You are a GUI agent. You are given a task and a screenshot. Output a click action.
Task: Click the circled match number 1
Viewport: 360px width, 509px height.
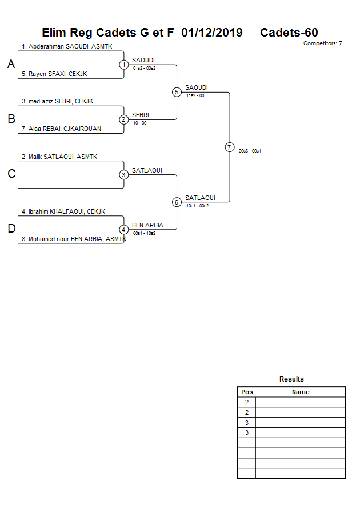click(x=124, y=65)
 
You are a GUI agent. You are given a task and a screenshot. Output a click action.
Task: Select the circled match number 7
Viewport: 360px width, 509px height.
click(x=229, y=147)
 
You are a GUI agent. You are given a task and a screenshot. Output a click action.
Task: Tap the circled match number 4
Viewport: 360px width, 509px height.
click(x=124, y=230)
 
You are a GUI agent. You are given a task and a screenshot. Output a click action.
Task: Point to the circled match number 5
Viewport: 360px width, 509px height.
click(x=177, y=92)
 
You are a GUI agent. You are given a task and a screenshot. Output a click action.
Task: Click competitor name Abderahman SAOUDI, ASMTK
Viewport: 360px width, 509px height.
click(x=67, y=46)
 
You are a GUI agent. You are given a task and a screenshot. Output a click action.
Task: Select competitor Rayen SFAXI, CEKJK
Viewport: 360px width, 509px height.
click(x=54, y=74)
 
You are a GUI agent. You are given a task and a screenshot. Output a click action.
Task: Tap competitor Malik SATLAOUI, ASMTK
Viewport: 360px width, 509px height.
click(x=59, y=156)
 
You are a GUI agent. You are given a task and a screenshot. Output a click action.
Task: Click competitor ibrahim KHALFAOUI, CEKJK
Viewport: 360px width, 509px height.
click(x=63, y=211)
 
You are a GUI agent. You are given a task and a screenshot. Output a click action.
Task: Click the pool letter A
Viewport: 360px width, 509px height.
click(x=11, y=65)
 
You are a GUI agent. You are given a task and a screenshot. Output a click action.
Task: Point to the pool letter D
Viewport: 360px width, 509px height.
click(x=11, y=229)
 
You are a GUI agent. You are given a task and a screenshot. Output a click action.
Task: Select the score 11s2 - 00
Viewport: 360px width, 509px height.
click(x=195, y=95)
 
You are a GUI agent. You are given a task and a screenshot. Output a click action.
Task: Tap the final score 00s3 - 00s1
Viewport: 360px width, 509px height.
click(x=250, y=151)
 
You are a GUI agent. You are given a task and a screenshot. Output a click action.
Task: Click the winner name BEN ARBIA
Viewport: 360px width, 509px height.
click(x=147, y=225)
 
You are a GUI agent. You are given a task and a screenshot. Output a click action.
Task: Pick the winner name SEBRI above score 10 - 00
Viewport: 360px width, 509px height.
click(x=141, y=115)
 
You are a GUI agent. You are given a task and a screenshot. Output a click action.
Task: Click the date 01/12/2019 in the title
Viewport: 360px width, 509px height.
click(x=211, y=33)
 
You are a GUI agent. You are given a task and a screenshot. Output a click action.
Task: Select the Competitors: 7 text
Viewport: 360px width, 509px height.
click(x=322, y=43)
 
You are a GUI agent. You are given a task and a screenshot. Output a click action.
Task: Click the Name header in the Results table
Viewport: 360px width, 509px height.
click(x=301, y=392)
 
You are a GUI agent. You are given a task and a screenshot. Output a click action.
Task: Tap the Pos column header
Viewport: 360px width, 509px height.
click(x=247, y=392)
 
